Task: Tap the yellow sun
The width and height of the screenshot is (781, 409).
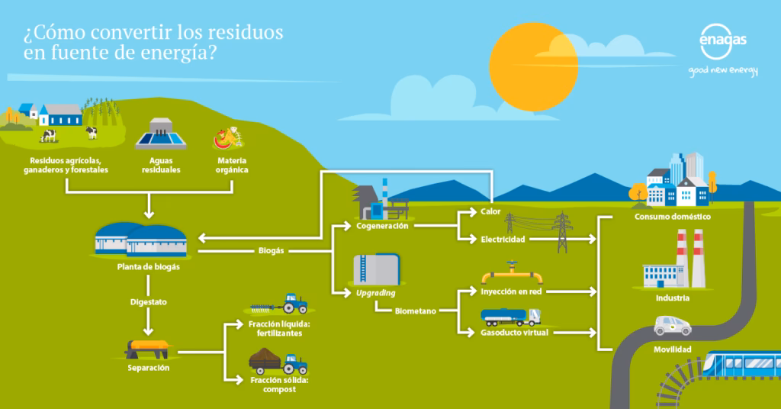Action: coord(533,67)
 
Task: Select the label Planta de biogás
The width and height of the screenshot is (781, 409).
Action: coord(149,267)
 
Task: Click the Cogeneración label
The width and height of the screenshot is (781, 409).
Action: coord(382,226)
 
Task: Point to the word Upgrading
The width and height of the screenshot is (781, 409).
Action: coord(374,293)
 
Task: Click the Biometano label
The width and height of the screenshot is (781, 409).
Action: coord(416,311)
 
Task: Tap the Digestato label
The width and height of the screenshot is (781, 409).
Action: coord(148,302)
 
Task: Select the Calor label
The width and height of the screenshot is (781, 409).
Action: coord(490,211)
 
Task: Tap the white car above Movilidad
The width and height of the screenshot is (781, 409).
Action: coord(672,326)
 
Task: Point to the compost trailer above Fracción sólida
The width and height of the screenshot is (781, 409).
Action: coord(278,360)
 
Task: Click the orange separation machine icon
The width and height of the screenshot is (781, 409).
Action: coord(149,349)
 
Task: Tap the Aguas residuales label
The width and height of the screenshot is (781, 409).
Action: coord(160,166)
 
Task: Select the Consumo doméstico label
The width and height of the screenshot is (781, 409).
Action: coord(672,217)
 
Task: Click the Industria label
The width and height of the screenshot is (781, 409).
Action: coord(672,298)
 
